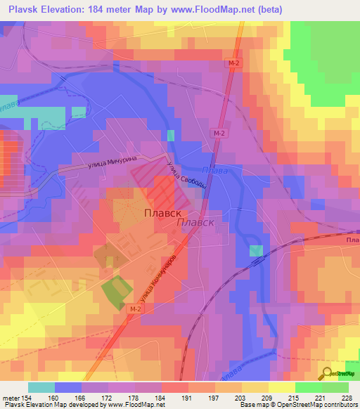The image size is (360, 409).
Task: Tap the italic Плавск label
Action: pos(195,222)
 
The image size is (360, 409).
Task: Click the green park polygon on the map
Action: pos(116,291)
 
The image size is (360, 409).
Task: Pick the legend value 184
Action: pos(160,398)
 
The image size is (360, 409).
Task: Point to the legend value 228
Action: pos(345,398)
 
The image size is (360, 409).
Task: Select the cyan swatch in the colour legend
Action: pos(41,387)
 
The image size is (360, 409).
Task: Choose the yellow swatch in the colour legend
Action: pos(281,387)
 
